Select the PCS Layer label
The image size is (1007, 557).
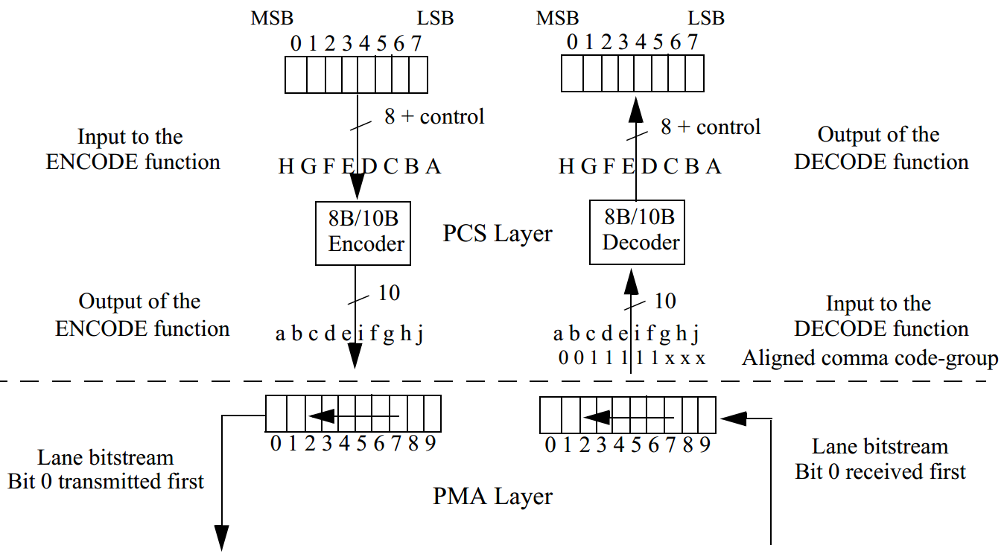coord(498,233)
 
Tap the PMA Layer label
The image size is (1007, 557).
coord(493,496)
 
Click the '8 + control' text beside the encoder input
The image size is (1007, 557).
coord(433,116)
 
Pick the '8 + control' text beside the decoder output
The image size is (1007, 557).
coord(711,127)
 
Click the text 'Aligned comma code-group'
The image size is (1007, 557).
coord(870,358)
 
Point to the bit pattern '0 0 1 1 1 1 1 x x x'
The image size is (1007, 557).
coord(631,358)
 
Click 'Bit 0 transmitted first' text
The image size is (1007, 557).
coord(106,481)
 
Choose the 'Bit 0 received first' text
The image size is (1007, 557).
coord(880,471)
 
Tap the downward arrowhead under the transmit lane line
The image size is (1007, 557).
coord(222,538)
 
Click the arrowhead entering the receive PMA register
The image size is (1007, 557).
coord(733,418)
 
